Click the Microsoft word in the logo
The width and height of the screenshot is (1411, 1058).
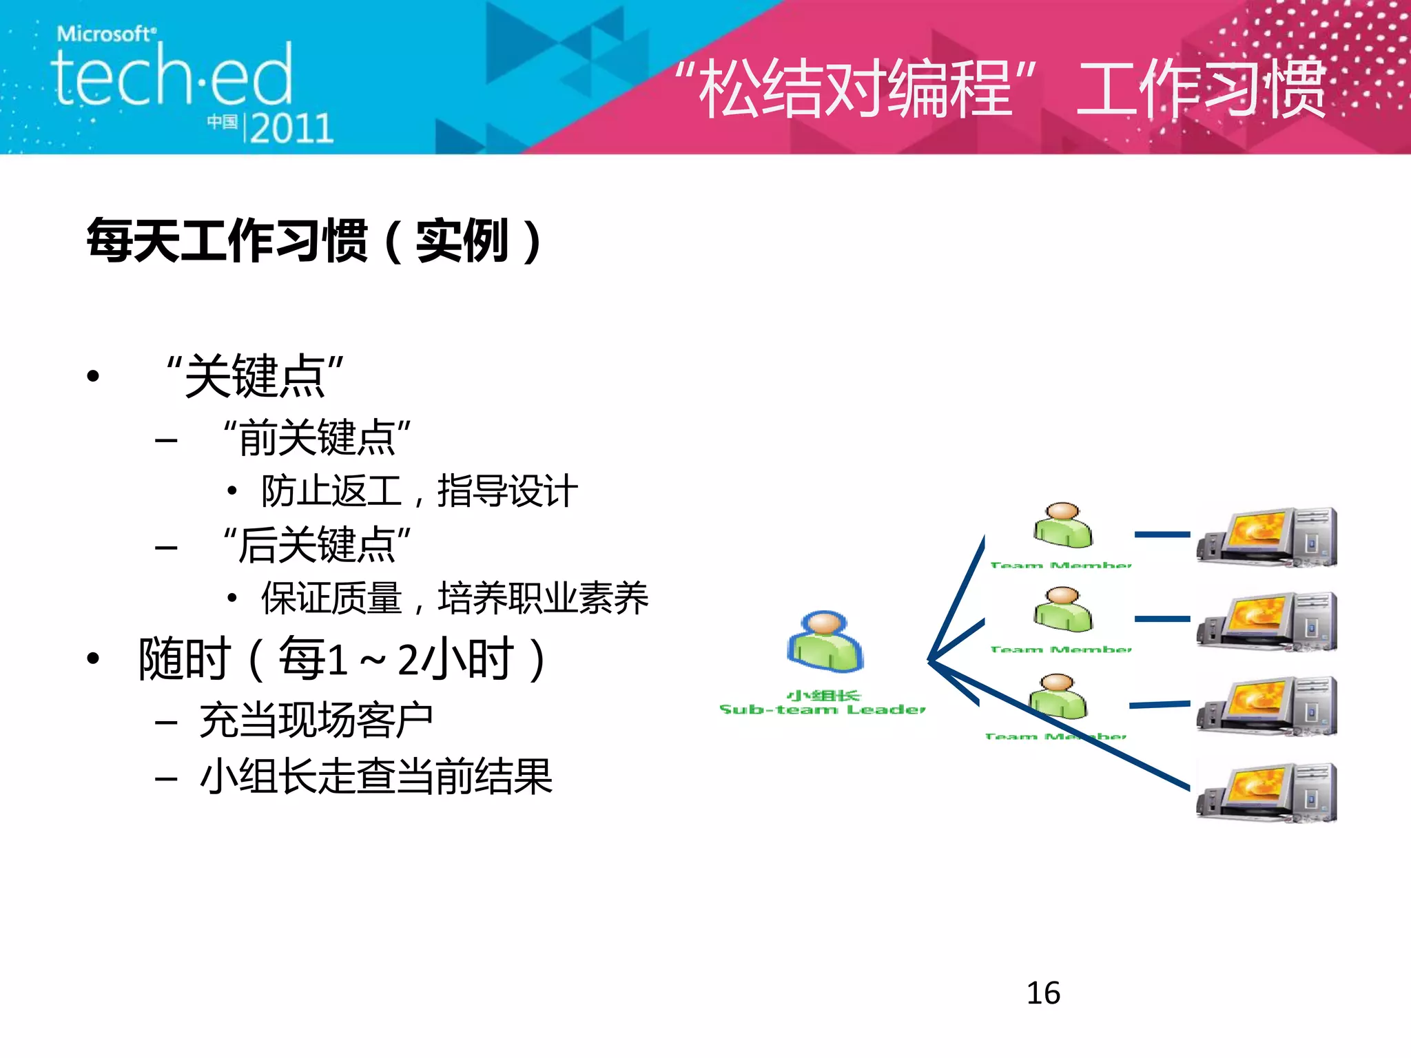[105, 34]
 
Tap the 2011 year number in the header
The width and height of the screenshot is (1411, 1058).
[291, 129]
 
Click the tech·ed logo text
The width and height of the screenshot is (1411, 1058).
[172, 76]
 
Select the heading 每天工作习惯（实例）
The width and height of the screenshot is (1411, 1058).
[314, 240]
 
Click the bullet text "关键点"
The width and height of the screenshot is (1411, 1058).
[254, 376]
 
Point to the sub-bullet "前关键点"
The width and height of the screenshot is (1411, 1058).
[317, 437]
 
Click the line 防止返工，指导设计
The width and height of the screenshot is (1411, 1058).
[419, 491]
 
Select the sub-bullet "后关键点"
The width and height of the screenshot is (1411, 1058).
[317, 545]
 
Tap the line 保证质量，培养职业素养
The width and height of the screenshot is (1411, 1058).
[455, 598]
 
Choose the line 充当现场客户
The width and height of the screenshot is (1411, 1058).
[316, 720]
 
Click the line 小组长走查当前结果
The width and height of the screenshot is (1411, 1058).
[376, 777]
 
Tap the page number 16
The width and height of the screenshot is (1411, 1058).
[1043, 993]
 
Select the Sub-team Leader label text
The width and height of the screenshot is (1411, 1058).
[822, 709]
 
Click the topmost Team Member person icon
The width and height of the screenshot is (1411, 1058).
[1062, 525]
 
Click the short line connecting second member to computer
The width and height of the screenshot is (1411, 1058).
[1162, 619]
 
